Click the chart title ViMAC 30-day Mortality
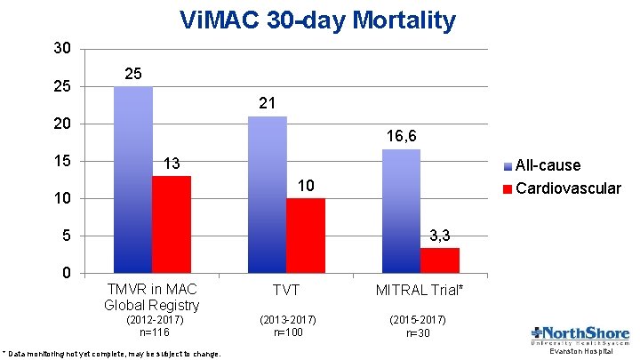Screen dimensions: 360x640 [x=317, y=20]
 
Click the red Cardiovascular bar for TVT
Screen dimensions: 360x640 [x=305, y=235]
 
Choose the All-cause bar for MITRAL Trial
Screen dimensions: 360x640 [x=401, y=211]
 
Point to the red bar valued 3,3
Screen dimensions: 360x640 [x=439, y=260]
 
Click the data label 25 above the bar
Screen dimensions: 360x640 [x=132, y=72]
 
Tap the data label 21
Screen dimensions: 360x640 [x=267, y=103]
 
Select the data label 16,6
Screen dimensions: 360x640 [x=402, y=136]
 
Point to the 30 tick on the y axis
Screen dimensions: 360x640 [x=61, y=48]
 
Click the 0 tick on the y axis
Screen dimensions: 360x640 [x=67, y=273]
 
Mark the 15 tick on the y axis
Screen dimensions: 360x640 [x=61, y=161]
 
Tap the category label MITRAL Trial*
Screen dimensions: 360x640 [x=420, y=291]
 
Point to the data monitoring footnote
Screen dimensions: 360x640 [x=112, y=353]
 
